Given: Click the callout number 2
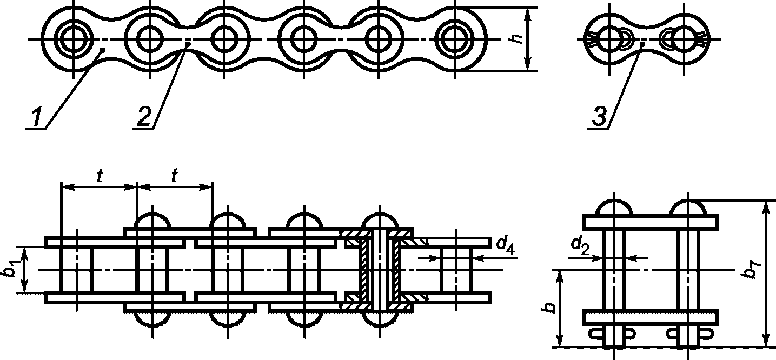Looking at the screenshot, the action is [x=144, y=117].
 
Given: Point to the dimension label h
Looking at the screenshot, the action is [x=517, y=39].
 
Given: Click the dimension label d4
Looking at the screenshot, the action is [x=506, y=246].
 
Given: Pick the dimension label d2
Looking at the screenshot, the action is [x=580, y=246].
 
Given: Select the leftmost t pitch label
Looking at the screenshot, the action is [x=100, y=176].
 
